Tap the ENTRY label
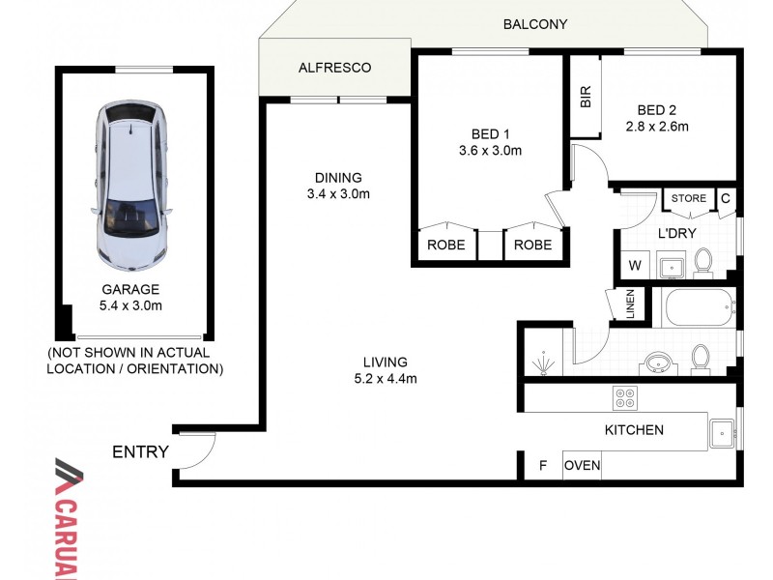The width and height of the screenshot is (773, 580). pos(140,451)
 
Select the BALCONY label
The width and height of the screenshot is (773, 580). pos(534,24)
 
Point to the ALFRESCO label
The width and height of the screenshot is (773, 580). pos(334,68)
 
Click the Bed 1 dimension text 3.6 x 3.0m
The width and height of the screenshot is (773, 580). pos(490,151)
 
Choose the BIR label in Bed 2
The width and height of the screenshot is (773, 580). pos(586,97)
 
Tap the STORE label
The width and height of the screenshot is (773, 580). pos(689,198)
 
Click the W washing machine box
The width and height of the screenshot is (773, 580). pos(636,264)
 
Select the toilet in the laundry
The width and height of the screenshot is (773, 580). pos(702,262)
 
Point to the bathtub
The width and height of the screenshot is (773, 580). pos(697,308)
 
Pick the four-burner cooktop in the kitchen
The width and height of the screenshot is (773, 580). pos(625,397)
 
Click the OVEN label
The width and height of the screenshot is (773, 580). pos(582,466)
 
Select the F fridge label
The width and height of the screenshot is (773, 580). pos(543,466)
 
